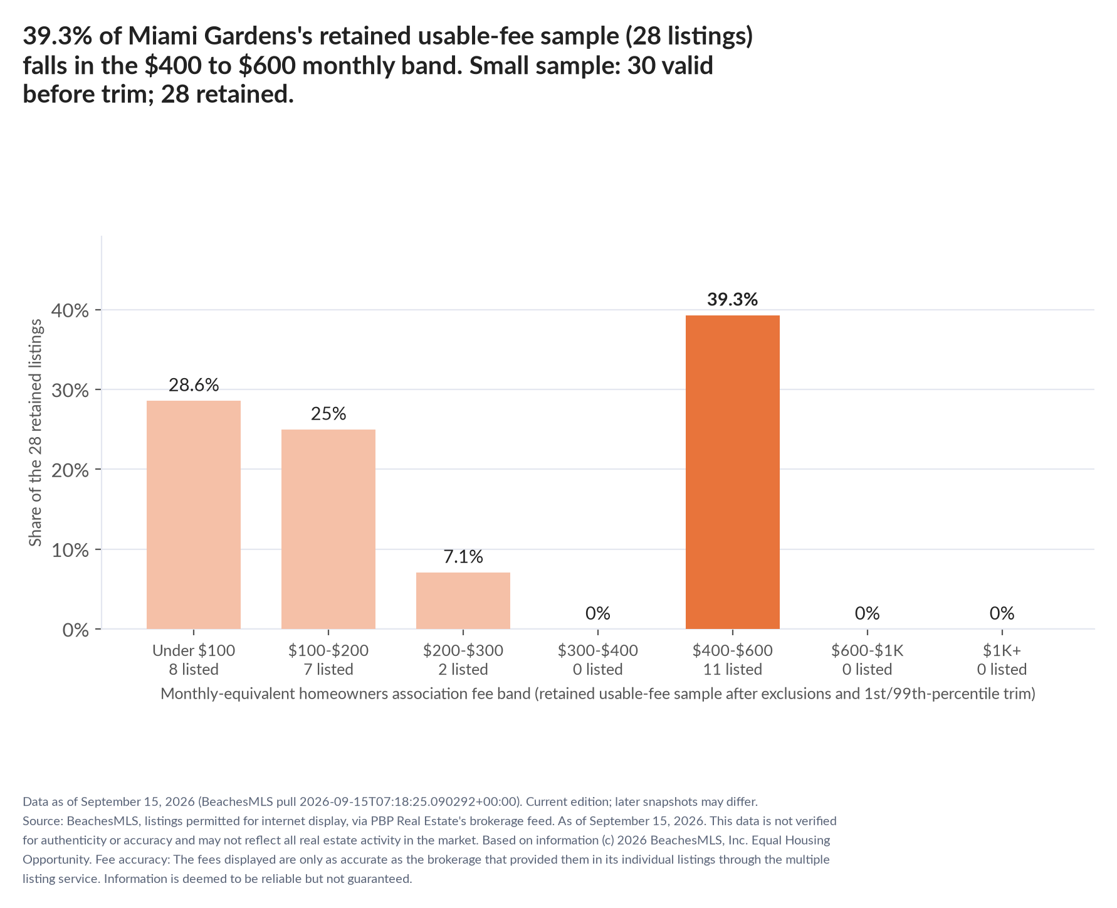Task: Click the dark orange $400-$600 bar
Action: [x=732, y=472]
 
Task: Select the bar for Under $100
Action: [x=194, y=515]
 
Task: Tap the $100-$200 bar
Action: [x=328, y=529]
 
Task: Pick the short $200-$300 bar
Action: [x=463, y=601]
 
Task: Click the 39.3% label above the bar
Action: [x=732, y=299]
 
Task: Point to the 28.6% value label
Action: [x=194, y=384]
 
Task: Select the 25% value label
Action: [x=328, y=413]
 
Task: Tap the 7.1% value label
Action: [x=463, y=556]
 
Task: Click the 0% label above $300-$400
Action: [x=598, y=613]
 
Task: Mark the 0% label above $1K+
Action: [x=1002, y=613]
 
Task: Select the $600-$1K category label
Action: [x=867, y=650]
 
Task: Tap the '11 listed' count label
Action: [x=732, y=669]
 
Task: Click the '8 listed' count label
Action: [x=194, y=669]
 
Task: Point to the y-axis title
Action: [x=36, y=432]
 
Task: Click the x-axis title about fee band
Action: [x=598, y=694]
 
